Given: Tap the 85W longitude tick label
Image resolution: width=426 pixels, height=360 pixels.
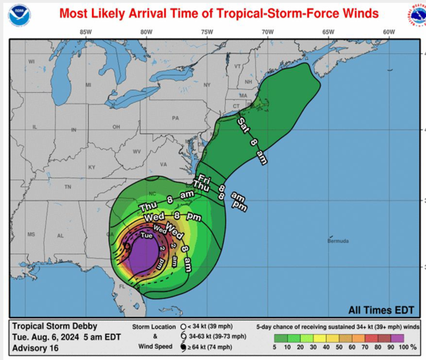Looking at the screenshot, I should click(x=86, y=32).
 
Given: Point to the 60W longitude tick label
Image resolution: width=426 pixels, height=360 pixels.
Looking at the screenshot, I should click(x=389, y=32).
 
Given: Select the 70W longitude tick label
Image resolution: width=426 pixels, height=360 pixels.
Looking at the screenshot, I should click(x=268, y=32).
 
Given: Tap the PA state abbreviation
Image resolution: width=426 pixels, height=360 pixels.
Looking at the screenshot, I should click(x=174, y=117).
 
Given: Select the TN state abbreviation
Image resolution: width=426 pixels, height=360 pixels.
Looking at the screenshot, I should click(x=68, y=186).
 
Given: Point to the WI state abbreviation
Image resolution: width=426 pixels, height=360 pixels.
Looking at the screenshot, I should click(x=31, y=62).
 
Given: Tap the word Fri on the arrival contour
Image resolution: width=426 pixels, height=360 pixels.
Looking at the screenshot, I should click(x=203, y=176).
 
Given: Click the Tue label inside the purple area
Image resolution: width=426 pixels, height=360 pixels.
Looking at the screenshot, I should click(x=146, y=236).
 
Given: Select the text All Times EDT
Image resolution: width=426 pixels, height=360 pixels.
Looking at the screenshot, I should click(x=380, y=311).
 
